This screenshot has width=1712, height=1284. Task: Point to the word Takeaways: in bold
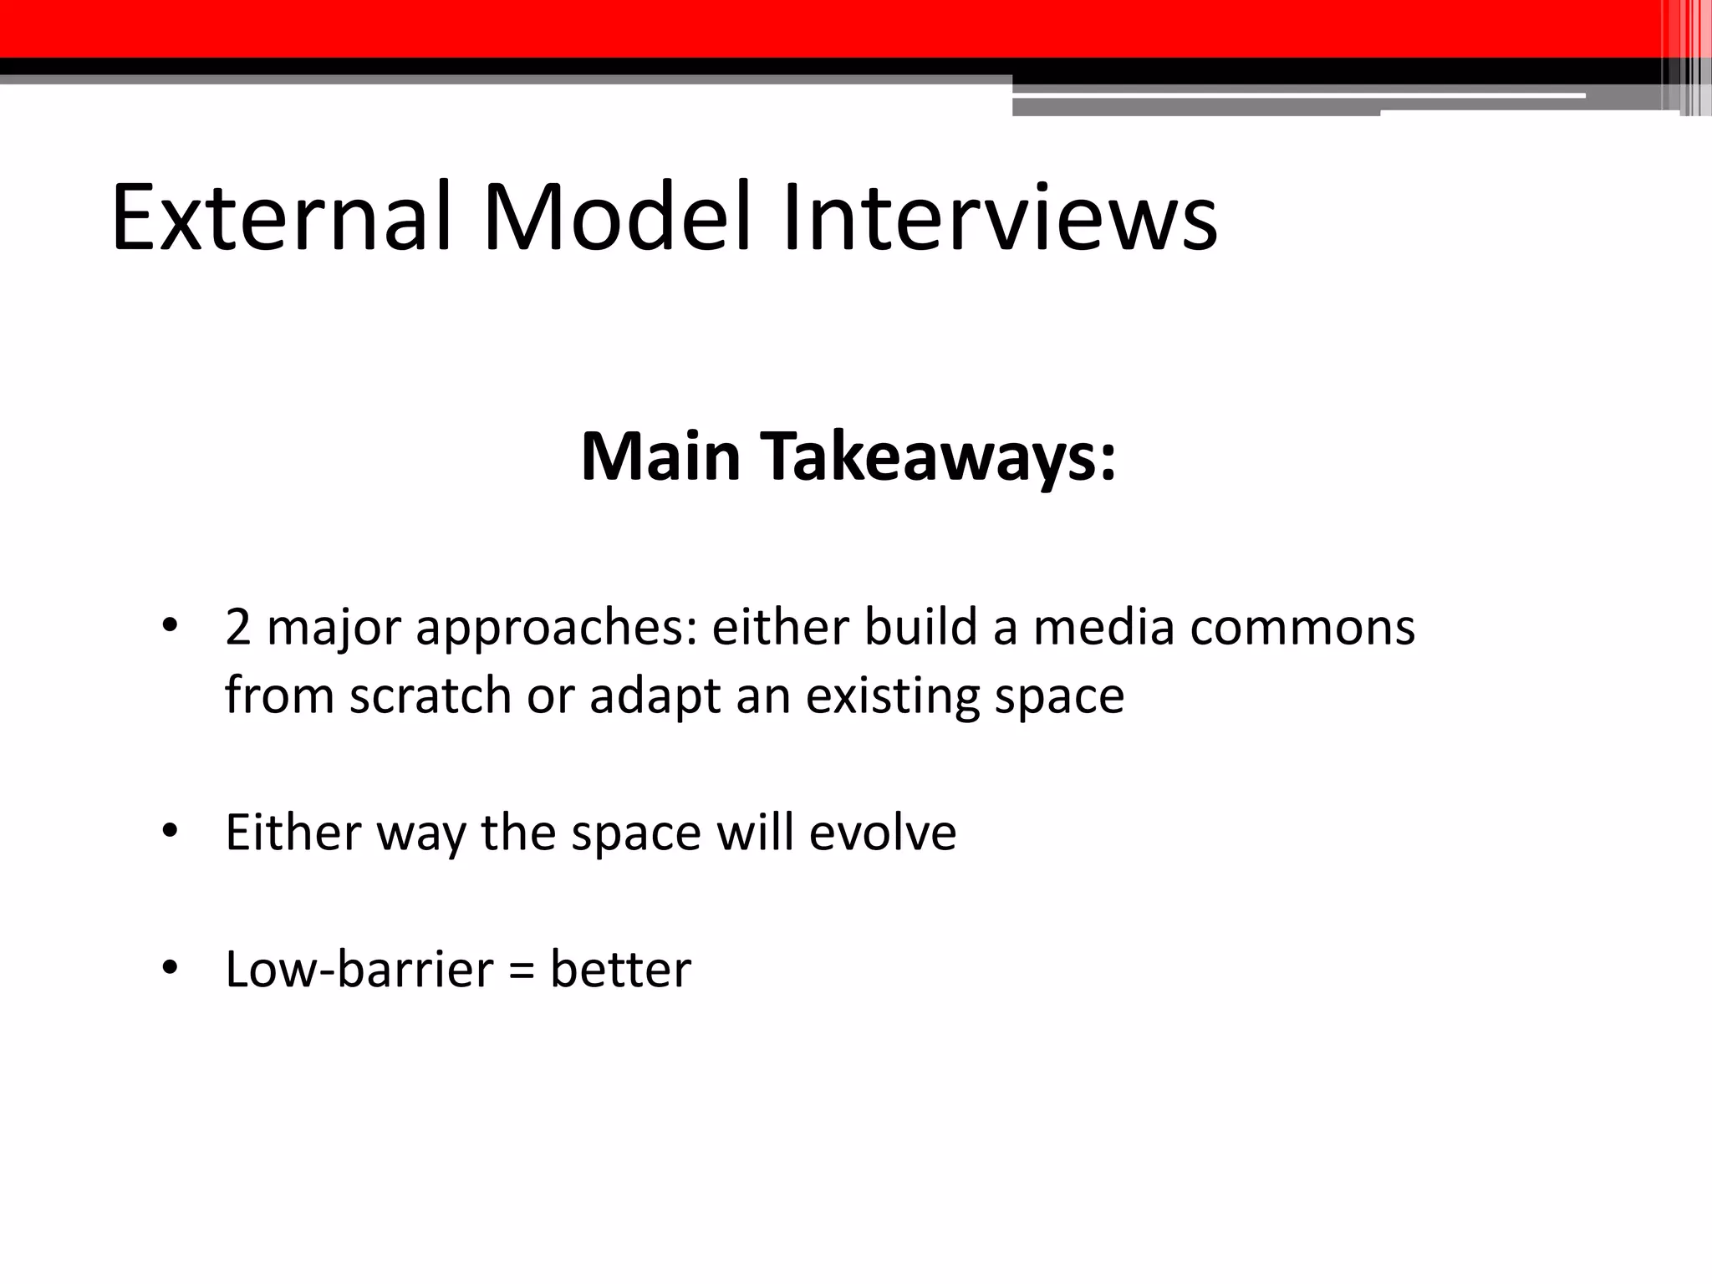click(940, 458)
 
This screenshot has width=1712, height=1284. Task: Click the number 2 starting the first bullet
click(237, 628)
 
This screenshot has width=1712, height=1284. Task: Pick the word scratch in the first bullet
click(430, 695)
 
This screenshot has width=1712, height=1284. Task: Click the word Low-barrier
click(359, 970)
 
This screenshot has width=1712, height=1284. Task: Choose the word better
click(620, 970)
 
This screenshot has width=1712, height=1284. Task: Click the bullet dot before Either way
click(170, 832)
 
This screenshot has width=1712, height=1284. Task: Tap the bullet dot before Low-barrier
click(170, 968)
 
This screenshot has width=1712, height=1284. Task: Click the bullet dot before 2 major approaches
click(170, 626)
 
